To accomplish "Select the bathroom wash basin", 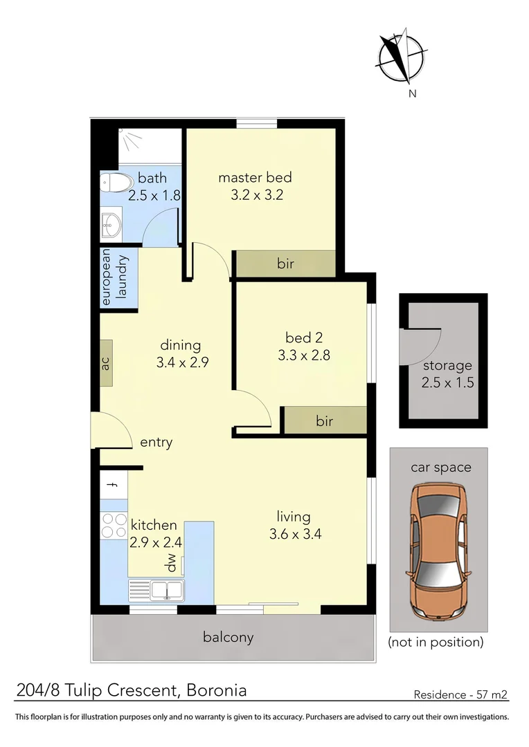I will click(111, 224).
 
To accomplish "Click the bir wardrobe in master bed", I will click(285, 264).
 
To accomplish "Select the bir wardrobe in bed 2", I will click(325, 421).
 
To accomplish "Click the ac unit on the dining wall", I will click(106, 362).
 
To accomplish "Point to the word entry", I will click(156, 443).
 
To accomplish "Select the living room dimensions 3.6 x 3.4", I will click(294, 534).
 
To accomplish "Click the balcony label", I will click(228, 637).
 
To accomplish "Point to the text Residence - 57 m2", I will click(460, 694).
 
